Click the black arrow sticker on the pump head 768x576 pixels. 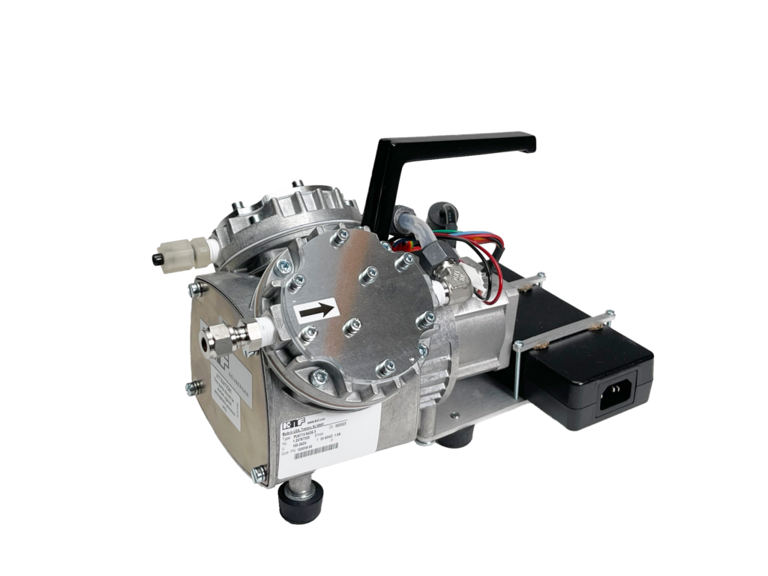(x=317, y=309)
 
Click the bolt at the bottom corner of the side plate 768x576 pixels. (x=260, y=473)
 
